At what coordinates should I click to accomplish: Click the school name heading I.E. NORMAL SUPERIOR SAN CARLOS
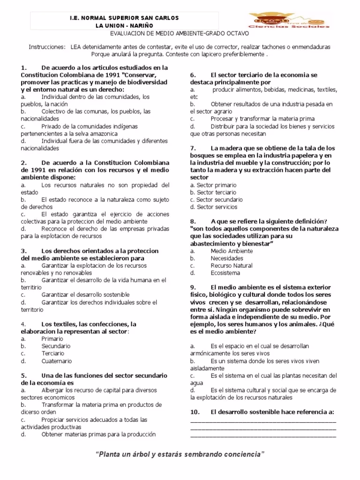[x=124, y=18]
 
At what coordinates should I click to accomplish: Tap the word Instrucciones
[x=47, y=47]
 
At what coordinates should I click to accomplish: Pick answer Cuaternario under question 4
[x=57, y=361]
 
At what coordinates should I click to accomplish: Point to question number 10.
[x=195, y=412]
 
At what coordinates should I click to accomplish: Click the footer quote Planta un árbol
[x=180, y=455]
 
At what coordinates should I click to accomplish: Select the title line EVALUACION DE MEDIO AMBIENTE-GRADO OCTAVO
[x=180, y=34]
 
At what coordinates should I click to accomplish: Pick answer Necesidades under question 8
[x=227, y=258]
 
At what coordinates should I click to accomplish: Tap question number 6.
[x=193, y=75]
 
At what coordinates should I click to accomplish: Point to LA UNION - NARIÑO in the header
[x=124, y=25]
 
